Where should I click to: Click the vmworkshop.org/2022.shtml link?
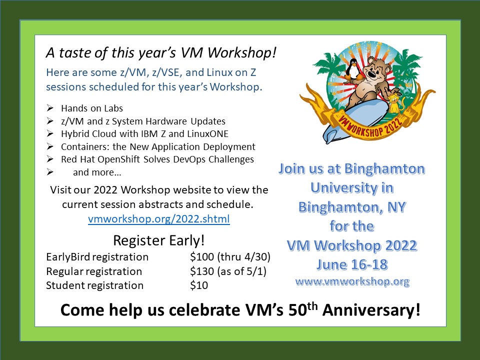pyautogui.click(x=159, y=219)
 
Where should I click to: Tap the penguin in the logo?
pyautogui.click(x=353, y=69)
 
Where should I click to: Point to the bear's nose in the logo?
pyautogui.click(x=370, y=73)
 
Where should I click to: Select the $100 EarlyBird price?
pyautogui.click(x=201, y=256)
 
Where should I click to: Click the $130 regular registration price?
pyautogui.click(x=201, y=271)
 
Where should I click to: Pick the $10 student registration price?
pyautogui.click(x=199, y=285)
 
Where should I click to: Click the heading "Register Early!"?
pyautogui.click(x=158, y=240)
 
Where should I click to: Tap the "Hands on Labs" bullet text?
pyautogui.click(x=92, y=108)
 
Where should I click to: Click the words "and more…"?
pyautogui.click(x=97, y=172)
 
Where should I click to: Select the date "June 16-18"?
pyautogui.click(x=352, y=264)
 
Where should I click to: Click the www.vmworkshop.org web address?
pyautogui.click(x=352, y=281)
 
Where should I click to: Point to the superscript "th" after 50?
pyautogui.click(x=312, y=306)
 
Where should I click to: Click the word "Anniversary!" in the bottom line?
pyautogui.click(x=371, y=310)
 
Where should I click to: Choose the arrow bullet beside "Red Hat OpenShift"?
pyautogui.click(x=50, y=159)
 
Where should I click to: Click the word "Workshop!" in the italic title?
pyautogui.click(x=242, y=52)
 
